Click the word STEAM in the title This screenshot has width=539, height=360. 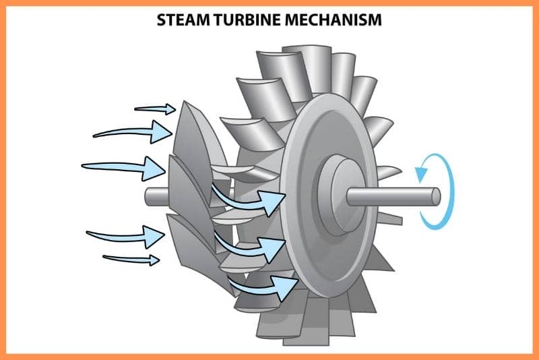point(183,20)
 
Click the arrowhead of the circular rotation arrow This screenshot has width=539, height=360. point(421,173)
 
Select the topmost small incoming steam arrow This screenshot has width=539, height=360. point(155,109)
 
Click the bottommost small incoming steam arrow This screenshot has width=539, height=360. point(131,260)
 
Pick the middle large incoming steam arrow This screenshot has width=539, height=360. point(124,168)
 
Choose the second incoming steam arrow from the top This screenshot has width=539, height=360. point(133,132)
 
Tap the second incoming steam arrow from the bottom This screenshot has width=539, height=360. point(126,236)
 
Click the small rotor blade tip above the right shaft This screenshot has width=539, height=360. point(389,173)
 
